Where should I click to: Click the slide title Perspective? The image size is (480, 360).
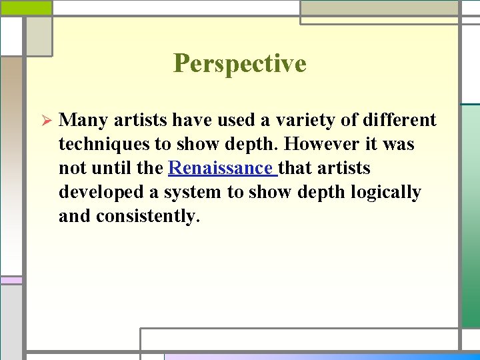point(239,64)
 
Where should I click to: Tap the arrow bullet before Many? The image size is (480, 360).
point(46,121)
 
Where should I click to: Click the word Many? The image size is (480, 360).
point(84,121)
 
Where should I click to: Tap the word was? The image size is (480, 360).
point(398,145)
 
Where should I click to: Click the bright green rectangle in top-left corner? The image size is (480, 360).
point(26,7)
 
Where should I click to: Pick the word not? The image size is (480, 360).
point(73,169)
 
